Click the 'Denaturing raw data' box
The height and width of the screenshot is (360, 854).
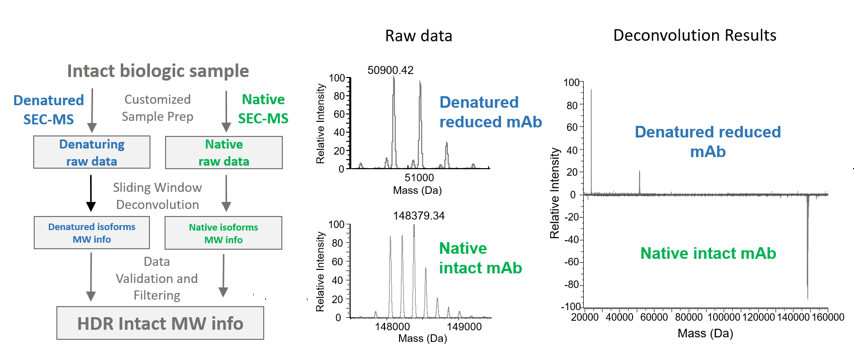(92, 153)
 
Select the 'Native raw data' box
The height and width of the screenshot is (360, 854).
(224, 153)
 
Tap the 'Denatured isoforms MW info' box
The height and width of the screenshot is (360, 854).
(92, 233)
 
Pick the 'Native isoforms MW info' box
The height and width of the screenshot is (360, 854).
(223, 233)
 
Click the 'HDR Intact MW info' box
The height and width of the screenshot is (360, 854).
(160, 323)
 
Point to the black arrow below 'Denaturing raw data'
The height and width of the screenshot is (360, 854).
(91, 193)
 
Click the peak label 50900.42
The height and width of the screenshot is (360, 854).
(391, 70)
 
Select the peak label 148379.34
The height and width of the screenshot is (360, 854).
(419, 216)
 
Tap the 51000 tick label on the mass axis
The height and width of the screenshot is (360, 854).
(419, 178)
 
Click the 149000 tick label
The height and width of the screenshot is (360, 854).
(464, 327)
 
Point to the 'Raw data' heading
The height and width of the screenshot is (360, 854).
(419, 36)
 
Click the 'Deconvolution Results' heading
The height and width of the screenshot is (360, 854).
(694, 35)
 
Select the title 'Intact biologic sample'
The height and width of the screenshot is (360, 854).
(158, 71)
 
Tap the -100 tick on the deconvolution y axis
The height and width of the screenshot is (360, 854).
(571, 306)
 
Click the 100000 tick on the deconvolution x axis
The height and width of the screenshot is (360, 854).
(724, 317)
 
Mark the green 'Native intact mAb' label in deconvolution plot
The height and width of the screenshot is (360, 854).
(708, 253)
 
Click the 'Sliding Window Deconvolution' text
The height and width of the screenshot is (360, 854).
(158, 196)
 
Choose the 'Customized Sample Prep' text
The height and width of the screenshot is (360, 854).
(158, 108)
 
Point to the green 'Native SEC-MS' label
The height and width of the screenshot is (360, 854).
(263, 109)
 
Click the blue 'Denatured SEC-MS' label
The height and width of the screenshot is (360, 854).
(48, 110)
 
